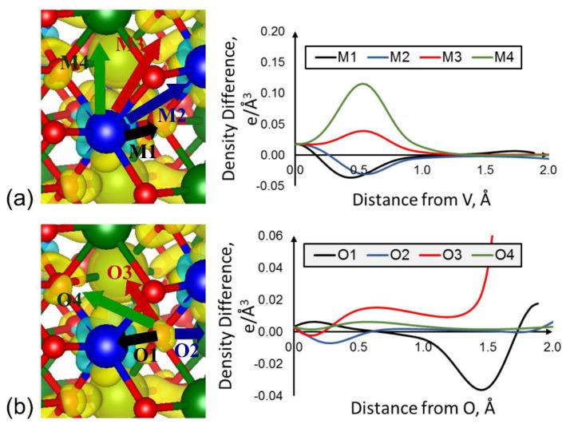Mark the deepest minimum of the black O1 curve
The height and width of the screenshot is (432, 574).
(479, 389)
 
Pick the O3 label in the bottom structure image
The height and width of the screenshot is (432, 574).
(118, 273)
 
